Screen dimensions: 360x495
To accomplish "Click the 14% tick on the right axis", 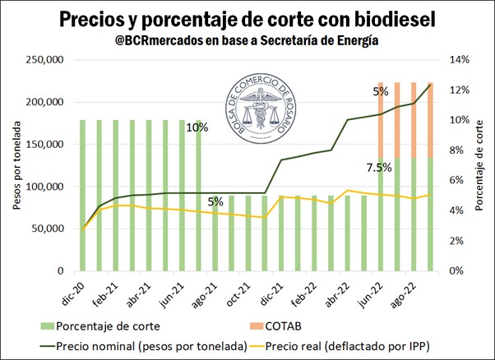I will coord(458,60).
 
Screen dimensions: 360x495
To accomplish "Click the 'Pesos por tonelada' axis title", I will coord(16,165).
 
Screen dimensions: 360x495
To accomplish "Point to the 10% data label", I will coord(197,128).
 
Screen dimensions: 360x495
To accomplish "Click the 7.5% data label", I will coord(378,169).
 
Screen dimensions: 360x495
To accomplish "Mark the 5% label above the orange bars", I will coord(381,92).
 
